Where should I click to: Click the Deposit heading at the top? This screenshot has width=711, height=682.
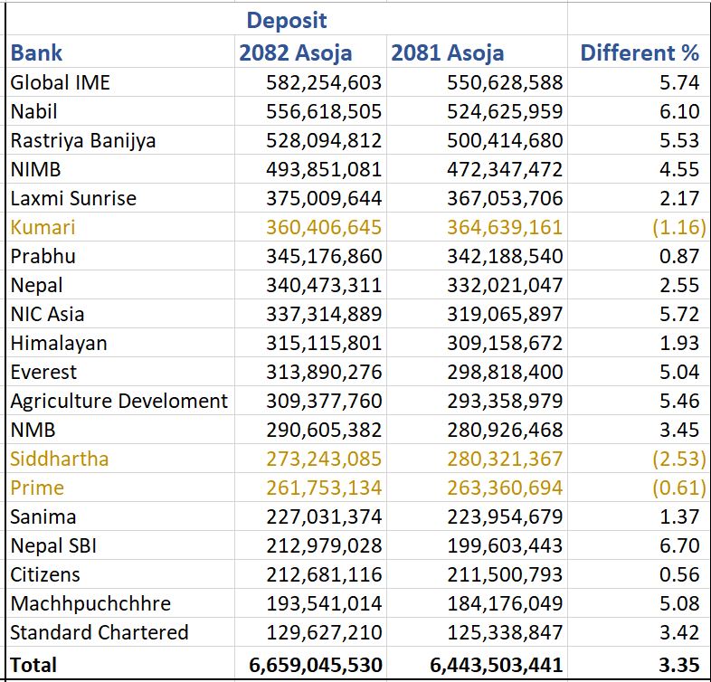(x=287, y=19)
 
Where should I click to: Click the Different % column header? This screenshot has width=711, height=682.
(x=640, y=52)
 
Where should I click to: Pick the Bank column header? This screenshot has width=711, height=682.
(x=37, y=52)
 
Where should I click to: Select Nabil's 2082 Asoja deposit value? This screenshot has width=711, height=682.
(x=324, y=111)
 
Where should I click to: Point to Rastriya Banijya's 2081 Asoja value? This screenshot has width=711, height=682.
(x=505, y=140)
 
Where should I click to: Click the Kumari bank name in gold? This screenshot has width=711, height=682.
(x=43, y=227)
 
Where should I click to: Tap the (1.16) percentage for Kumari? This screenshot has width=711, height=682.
(x=678, y=227)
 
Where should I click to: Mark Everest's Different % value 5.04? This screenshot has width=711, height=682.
(x=679, y=372)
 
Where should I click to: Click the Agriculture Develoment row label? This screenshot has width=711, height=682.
(x=119, y=401)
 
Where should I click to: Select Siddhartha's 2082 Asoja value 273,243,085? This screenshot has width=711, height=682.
(x=324, y=459)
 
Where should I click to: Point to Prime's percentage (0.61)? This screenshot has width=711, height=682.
(x=678, y=488)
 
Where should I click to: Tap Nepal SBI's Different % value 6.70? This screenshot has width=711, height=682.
(x=679, y=545)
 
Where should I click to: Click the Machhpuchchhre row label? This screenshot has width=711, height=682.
(x=90, y=603)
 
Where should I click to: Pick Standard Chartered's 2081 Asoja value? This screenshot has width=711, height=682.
(x=505, y=632)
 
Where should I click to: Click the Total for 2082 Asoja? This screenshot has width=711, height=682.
(x=316, y=665)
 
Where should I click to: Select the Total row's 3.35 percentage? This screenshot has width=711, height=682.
(x=679, y=665)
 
